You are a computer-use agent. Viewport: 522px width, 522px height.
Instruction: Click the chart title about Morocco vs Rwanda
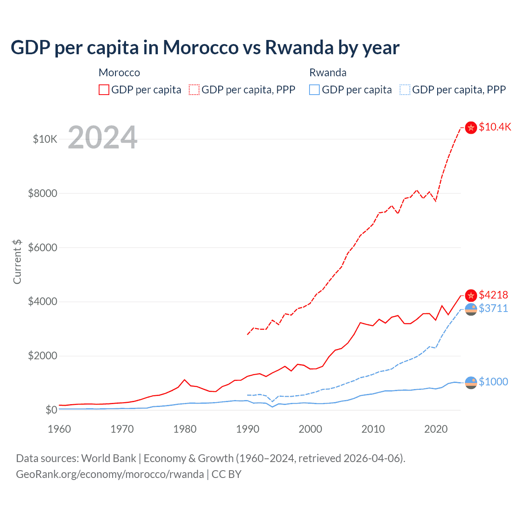(205, 48)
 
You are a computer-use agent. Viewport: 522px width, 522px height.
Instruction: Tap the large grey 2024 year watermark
(102, 137)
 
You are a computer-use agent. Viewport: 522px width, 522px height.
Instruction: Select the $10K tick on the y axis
(45, 139)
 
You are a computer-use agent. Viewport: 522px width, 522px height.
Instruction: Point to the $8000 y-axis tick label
(42, 193)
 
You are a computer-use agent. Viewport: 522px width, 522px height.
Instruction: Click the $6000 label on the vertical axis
(42, 248)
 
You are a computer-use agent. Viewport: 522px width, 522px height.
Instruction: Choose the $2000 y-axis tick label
(42, 356)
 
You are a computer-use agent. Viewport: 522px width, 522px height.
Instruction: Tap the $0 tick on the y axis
(51, 410)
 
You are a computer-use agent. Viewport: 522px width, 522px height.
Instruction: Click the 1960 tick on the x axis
(60, 429)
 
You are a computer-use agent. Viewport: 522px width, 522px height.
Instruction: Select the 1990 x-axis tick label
(248, 429)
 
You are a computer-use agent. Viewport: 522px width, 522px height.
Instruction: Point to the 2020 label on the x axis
(436, 429)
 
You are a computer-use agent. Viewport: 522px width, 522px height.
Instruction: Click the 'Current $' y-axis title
(17, 261)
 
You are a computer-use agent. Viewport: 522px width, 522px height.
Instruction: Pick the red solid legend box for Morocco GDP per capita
(104, 90)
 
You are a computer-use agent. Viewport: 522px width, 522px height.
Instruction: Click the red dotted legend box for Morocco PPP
(194, 90)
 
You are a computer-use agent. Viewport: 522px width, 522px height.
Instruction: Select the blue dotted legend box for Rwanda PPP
(405, 90)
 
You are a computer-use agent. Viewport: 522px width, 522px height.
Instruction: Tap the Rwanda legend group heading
(328, 73)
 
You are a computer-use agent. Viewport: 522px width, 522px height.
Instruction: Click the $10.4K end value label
(495, 127)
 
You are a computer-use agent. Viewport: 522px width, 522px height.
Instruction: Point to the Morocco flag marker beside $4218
(471, 295)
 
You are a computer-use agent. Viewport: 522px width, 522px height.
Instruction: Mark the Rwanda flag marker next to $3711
(471, 309)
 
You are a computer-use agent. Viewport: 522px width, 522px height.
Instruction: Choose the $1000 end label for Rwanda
(493, 382)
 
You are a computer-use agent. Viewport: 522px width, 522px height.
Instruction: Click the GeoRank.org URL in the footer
(110, 474)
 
